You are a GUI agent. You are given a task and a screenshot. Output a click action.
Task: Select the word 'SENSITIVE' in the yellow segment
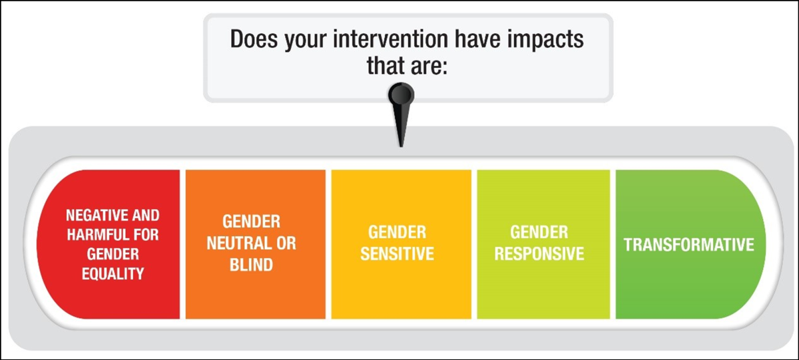[398, 254]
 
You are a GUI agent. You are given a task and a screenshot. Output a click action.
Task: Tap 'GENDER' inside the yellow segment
[398, 233]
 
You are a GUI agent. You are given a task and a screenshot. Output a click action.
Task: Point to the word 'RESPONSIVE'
[539, 254]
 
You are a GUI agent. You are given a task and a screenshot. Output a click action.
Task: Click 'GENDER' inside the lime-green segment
[539, 232]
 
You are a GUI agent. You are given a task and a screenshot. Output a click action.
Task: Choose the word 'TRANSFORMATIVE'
[688, 244]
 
